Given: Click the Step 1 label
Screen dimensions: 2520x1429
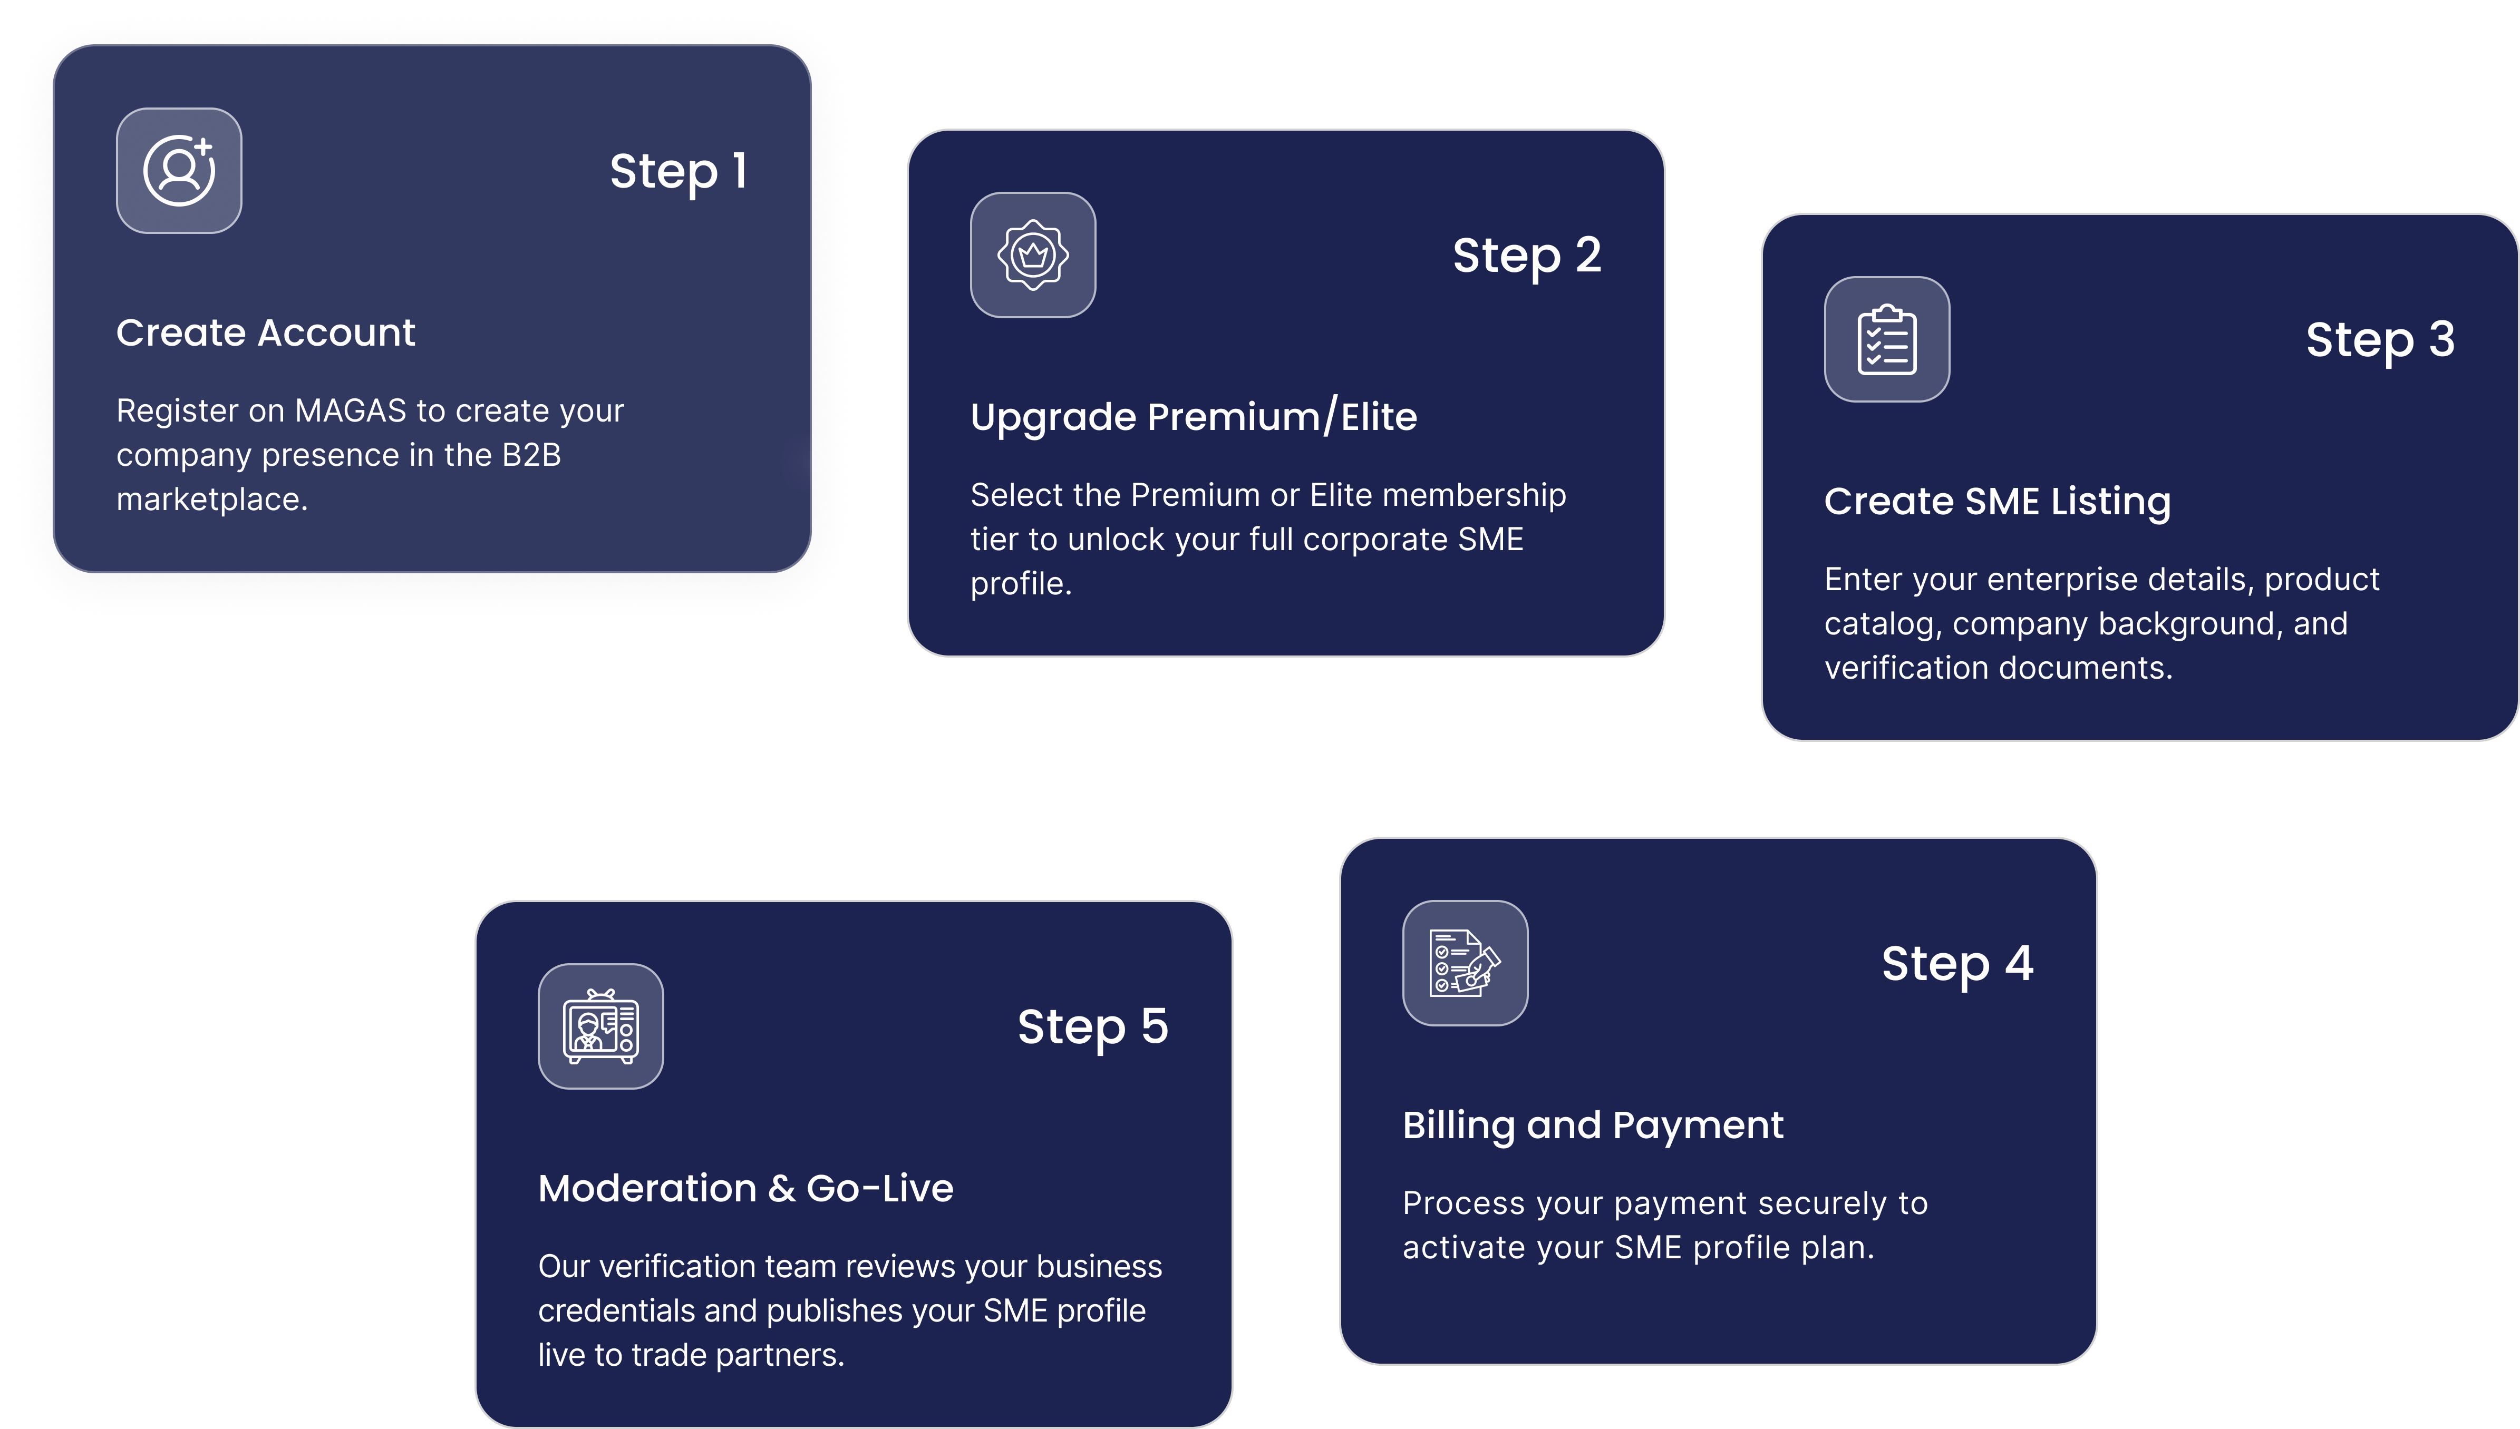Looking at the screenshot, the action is [x=679, y=172].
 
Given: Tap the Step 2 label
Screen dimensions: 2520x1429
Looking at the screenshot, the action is [x=1527, y=256].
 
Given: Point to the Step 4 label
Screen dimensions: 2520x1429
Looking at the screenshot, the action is [x=1957, y=964].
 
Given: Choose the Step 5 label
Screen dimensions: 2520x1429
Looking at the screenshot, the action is [x=1093, y=1027].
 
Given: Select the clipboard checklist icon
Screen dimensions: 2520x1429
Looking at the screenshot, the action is [x=1887, y=339].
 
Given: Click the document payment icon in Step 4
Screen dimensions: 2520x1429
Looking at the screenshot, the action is [x=1465, y=963].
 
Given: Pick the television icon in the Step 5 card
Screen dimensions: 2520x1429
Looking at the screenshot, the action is [x=601, y=1026].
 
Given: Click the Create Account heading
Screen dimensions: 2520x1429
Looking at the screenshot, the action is [x=266, y=332].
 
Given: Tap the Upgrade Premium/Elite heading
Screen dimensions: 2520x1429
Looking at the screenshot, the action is [x=1194, y=417].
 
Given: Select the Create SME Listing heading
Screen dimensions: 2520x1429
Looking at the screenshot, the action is [x=1997, y=502].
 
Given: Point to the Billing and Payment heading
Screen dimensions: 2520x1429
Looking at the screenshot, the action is [x=1592, y=1125].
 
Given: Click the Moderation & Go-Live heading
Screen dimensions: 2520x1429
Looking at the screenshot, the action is [x=745, y=1189].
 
